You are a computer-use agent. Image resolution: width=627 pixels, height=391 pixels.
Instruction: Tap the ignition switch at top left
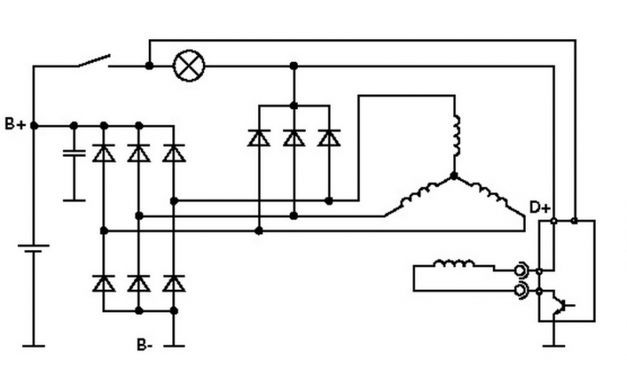[x=92, y=61]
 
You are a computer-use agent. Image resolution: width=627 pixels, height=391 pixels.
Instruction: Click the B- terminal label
[x=145, y=344]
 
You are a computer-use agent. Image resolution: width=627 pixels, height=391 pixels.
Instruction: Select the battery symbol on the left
[x=33, y=251]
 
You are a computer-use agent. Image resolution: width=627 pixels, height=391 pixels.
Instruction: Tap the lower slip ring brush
[x=520, y=292]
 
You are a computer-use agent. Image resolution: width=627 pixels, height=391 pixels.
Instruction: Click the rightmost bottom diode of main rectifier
[x=173, y=283]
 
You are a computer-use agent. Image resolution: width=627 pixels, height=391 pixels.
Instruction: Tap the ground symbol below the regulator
[x=555, y=342]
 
